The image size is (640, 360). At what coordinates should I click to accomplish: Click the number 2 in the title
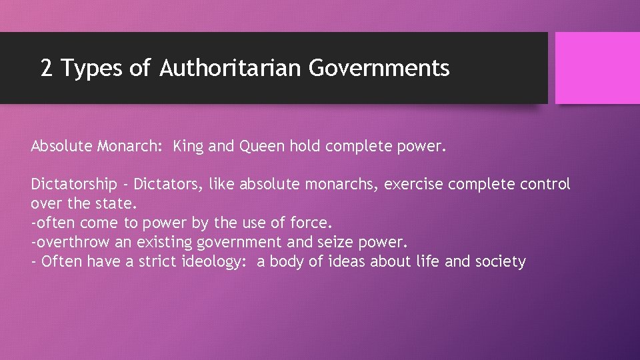click(x=47, y=68)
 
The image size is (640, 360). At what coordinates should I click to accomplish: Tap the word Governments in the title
click(x=379, y=68)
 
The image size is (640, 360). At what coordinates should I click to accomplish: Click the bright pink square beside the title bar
click(x=597, y=68)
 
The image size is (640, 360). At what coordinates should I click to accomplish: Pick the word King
click(x=188, y=146)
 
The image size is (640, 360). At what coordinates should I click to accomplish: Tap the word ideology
click(x=215, y=261)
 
